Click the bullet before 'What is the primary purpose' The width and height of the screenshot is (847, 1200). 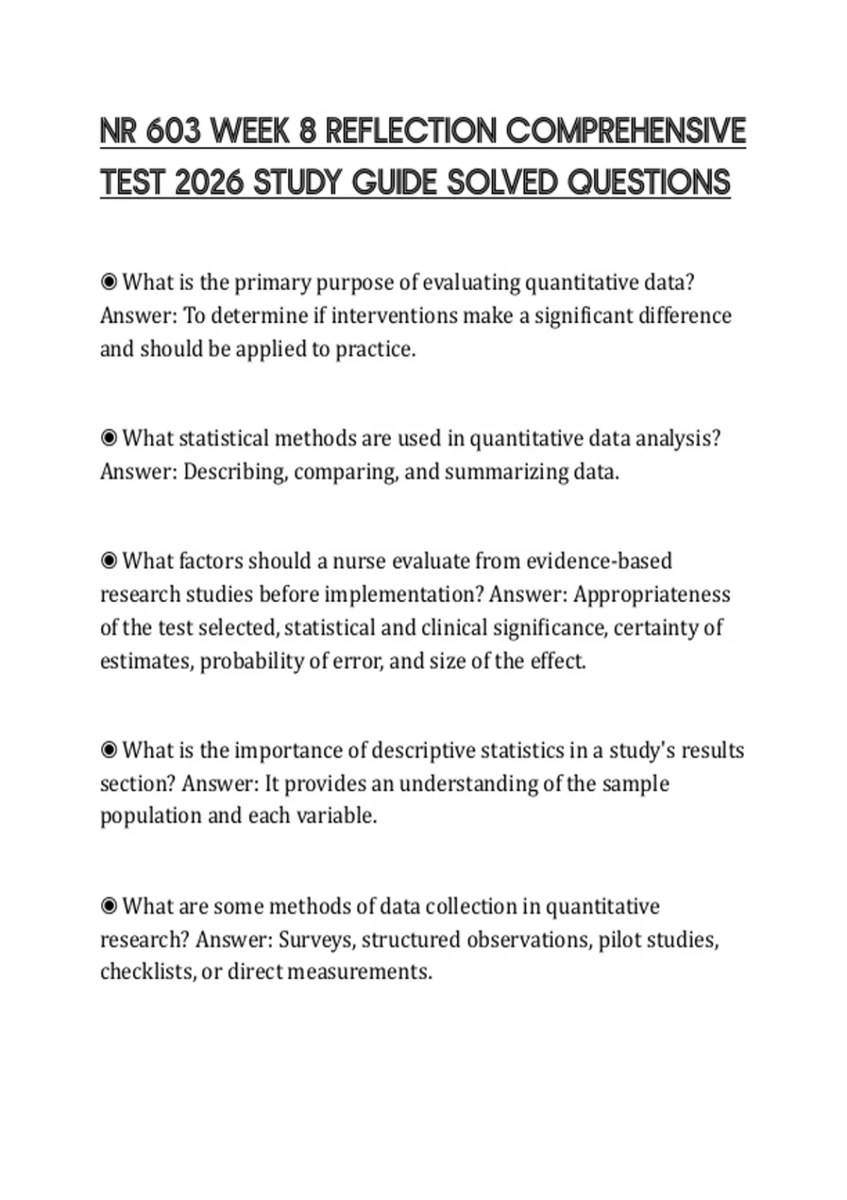click(x=109, y=282)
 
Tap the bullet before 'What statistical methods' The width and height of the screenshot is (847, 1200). click(x=109, y=438)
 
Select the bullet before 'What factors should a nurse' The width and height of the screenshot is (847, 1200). click(x=109, y=561)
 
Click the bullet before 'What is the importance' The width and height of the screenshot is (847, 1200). click(x=109, y=750)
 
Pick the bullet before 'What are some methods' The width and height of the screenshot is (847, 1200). click(x=109, y=906)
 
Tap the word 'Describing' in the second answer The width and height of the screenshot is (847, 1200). click(x=235, y=472)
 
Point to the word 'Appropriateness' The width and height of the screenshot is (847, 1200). click(x=651, y=594)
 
